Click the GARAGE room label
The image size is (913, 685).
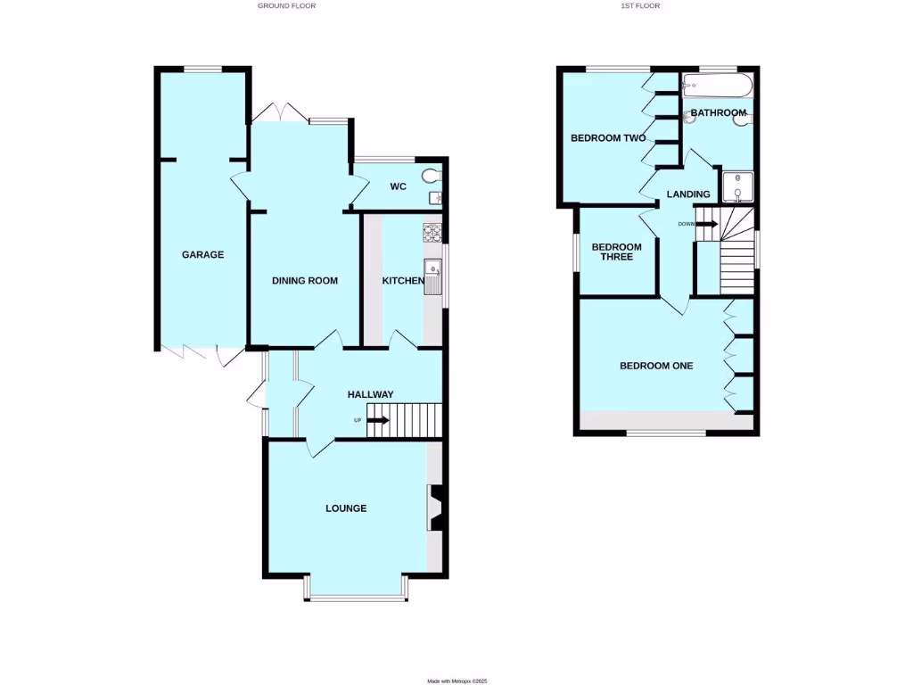pos(202,255)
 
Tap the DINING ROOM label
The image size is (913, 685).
pos(305,281)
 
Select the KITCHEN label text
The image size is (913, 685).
pos(403,281)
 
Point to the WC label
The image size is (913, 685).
pos(399,186)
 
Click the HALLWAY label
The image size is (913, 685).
pos(370,394)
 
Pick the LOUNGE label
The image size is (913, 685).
pos(346,508)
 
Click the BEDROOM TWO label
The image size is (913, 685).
pos(608,138)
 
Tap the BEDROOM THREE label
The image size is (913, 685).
pos(617,252)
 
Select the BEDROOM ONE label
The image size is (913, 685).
pos(656,366)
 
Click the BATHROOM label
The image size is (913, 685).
pos(719,113)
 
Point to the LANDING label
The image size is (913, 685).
pos(689,194)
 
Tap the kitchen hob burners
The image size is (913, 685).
pos(432,233)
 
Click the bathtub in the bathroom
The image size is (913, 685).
pos(717,87)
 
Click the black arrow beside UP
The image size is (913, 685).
pos(378,420)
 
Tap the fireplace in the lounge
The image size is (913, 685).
pos(437,508)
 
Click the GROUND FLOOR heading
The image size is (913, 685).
pos(286,5)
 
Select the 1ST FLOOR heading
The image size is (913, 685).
pos(640,5)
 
